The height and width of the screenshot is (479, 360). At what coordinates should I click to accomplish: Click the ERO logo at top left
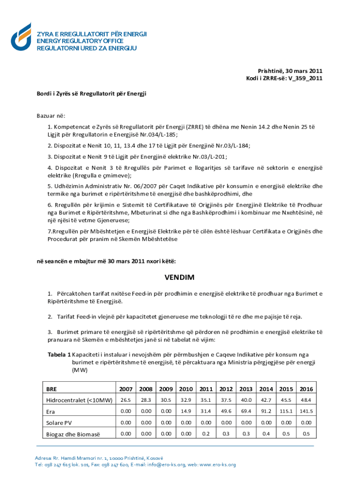click(x=21, y=37)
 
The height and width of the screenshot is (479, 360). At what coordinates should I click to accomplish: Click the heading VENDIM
click(x=180, y=277)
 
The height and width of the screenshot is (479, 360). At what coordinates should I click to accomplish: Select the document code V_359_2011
click(x=306, y=78)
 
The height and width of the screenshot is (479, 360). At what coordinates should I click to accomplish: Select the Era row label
click(x=50, y=412)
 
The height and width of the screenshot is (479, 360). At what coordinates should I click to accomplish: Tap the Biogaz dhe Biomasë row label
click(x=73, y=434)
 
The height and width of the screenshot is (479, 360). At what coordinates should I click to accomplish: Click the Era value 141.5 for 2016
click(x=306, y=411)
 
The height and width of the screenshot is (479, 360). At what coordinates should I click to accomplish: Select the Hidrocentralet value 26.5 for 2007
click(x=125, y=400)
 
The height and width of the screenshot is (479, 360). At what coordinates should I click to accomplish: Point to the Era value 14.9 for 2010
click(x=186, y=411)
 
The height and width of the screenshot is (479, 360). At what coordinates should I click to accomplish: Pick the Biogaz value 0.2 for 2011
click(x=206, y=434)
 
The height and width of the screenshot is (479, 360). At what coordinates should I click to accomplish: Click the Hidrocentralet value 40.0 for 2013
click(x=246, y=400)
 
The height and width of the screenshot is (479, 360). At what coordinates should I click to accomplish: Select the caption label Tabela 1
click(x=59, y=354)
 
